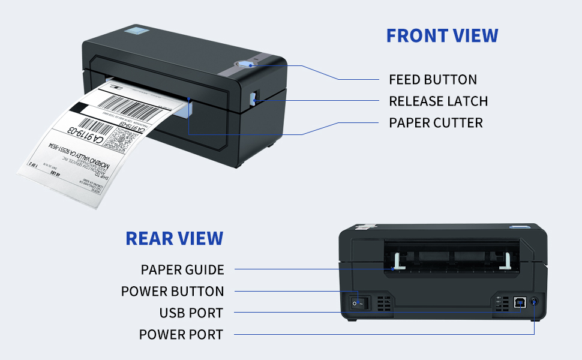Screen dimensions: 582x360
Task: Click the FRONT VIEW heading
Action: point(442,35)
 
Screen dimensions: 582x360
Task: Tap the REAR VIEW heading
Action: point(174,238)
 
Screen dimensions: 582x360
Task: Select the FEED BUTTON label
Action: point(433,79)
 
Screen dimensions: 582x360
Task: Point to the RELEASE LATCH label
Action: point(438,101)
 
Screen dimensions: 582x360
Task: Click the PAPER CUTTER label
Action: point(436,122)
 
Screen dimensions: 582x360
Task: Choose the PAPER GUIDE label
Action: point(182,270)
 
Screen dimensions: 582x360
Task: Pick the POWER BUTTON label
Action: point(172,292)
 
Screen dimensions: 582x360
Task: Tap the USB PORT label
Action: point(191,313)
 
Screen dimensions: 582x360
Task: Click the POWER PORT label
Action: point(181,334)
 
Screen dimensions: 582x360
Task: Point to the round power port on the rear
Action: point(534,303)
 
